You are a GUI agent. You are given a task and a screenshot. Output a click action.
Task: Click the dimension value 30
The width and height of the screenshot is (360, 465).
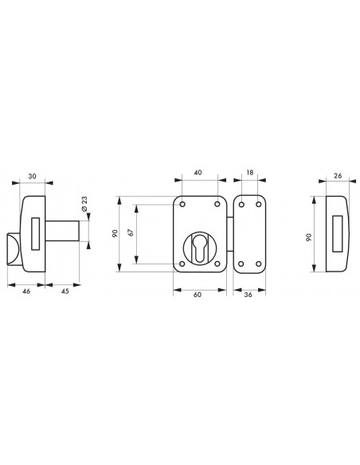point(33,176)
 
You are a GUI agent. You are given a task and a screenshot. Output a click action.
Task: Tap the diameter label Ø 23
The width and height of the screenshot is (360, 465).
point(84,204)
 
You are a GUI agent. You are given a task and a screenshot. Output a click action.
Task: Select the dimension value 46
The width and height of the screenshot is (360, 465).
point(26,291)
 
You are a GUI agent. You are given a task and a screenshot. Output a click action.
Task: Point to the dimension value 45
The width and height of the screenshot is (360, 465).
point(65,291)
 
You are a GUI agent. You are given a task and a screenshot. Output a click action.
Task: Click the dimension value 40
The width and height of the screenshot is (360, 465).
point(198,172)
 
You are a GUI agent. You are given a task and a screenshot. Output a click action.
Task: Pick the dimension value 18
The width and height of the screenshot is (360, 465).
point(250,172)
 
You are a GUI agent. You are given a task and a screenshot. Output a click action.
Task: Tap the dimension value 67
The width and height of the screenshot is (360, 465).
point(131,232)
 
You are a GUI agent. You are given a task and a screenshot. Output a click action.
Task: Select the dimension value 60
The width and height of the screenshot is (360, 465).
point(198,295)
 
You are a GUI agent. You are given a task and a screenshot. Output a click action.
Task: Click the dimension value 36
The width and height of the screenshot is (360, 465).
point(248,295)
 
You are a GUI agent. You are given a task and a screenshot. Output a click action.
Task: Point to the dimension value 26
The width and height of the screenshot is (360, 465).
point(338,175)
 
